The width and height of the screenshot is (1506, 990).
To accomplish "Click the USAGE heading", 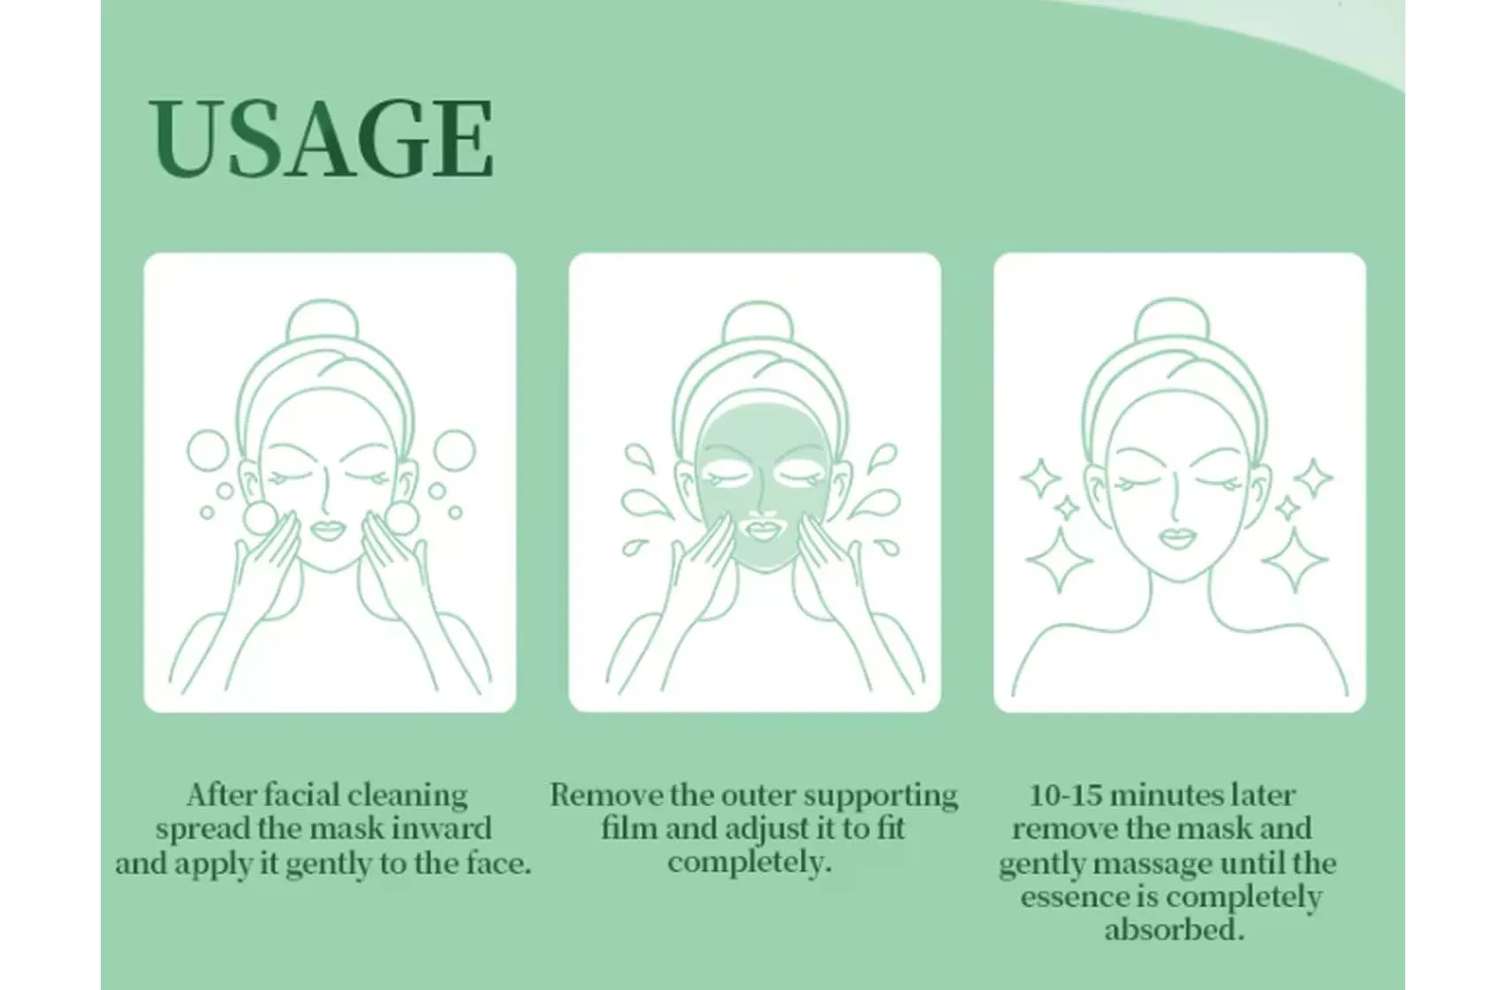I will [x=321, y=139].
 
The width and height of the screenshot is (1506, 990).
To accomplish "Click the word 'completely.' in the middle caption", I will [x=750, y=862].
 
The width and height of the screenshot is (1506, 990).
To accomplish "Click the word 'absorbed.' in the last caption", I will [x=1175, y=930].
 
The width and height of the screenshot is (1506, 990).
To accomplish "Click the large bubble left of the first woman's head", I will [x=209, y=450].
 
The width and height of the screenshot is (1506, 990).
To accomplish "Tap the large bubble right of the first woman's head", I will [x=455, y=450].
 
